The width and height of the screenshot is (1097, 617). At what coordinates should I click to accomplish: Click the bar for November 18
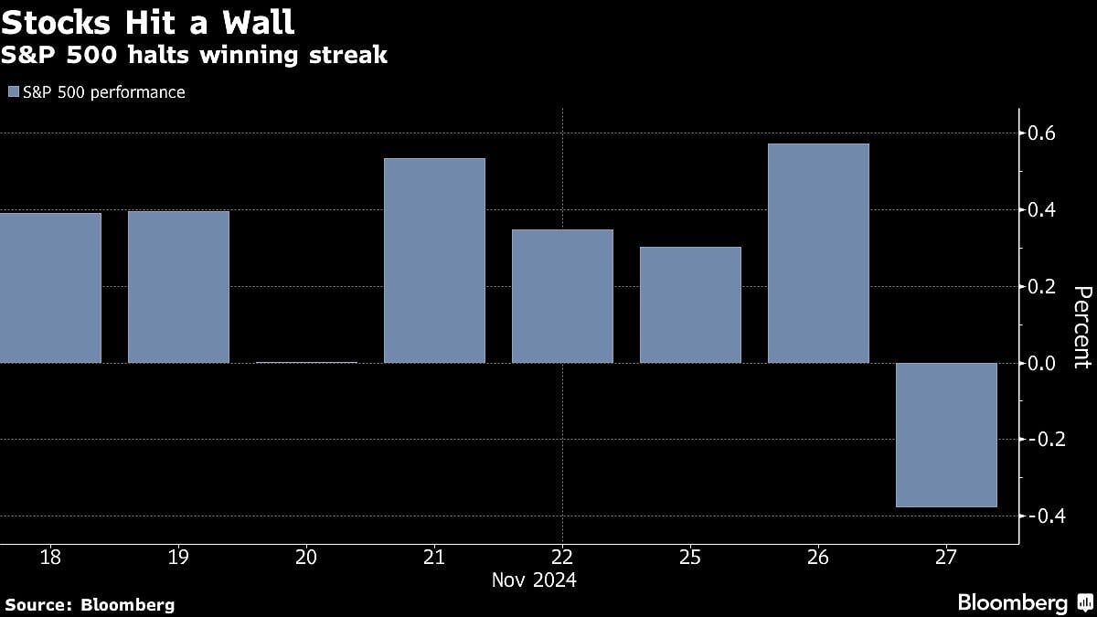click(x=50, y=288)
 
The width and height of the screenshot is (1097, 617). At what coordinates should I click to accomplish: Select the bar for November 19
click(x=178, y=287)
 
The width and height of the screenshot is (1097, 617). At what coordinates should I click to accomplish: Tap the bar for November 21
click(x=434, y=261)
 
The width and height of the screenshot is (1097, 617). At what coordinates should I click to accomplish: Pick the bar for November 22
click(x=562, y=296)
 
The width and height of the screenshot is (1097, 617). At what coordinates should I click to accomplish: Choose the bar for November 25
click(x=690, y=304)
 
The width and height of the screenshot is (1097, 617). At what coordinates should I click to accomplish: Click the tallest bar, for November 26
click(x=818, y=253)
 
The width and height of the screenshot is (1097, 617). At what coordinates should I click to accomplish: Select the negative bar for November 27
click(x=946, y=434)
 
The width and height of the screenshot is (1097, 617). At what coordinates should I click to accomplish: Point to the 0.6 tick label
click(x=1043, y=133)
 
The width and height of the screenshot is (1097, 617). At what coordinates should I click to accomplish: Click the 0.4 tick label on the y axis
click(x=1043, y=210)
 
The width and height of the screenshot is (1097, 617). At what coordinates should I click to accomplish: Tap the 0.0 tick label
click(x=1043, y=363)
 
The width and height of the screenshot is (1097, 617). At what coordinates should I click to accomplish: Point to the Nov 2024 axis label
click(x=534, y=580)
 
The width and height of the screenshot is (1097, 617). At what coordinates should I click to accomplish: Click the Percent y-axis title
click(x=1081, y=326)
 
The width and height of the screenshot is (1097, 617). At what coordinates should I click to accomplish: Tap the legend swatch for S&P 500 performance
click(x=12, y=92)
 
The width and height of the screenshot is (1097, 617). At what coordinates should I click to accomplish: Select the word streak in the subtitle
click(x=352, y=55)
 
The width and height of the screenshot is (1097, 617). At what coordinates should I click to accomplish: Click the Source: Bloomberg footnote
click(x=90, y=604)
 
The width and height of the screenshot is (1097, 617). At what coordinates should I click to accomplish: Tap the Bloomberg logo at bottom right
click(x=1024, y=602)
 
